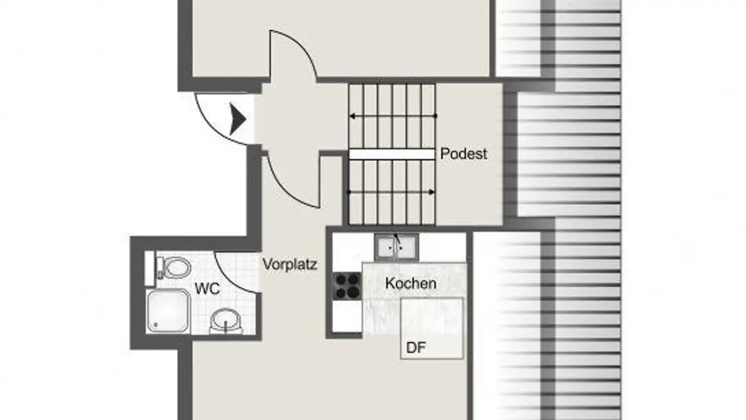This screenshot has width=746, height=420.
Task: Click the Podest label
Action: click(464, 154)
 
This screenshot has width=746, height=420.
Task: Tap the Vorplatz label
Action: click(290, 264)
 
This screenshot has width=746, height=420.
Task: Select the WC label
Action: click(207, 288)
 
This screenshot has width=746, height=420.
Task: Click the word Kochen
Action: click(411, 284)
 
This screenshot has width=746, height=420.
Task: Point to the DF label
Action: click(415, 348)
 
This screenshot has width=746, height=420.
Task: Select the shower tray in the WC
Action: click(168, 311)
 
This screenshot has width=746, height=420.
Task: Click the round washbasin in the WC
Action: click(225, 320)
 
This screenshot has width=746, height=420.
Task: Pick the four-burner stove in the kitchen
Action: click(347, 286)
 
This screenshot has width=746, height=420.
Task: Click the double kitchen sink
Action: click(396, 247)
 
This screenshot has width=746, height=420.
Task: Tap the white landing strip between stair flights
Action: click(392, 154)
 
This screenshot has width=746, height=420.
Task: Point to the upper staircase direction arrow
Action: click(393, 116)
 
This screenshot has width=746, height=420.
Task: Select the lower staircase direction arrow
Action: click(392, 192)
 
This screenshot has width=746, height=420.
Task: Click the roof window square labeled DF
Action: click(432, 328)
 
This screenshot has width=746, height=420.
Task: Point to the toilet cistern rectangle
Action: click(150, 268)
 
